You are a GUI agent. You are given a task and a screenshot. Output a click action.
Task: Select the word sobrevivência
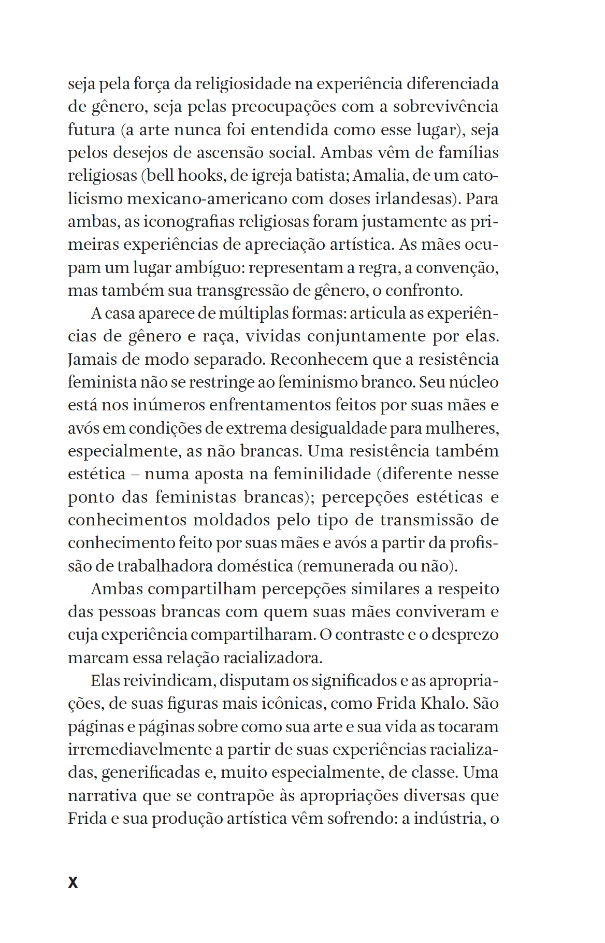coord(445,107)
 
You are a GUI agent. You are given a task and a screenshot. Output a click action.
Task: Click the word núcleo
coord(473,382)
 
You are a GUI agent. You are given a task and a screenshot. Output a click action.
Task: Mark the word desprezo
coord(466,635)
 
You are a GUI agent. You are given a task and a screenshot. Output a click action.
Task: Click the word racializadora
coord(272,658)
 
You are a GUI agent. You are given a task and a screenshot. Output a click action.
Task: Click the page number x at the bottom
coord(73,883)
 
